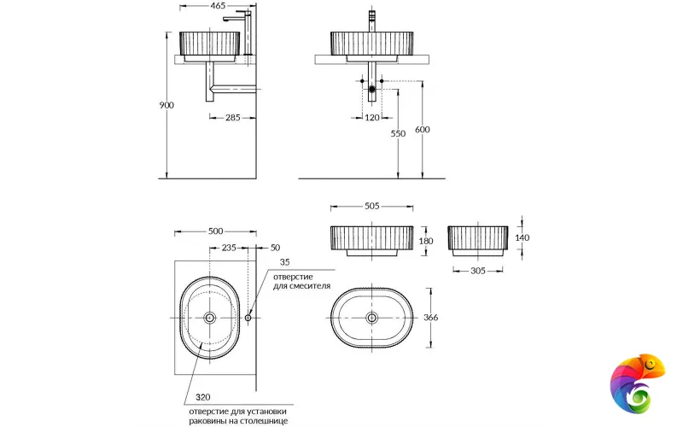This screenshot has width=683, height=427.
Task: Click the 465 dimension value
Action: coord(218,6)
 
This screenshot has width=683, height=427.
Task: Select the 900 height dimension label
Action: coord(166,105)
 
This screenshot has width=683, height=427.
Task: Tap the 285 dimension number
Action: coord(231,118)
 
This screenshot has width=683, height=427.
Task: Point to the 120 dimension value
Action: coord(371,118)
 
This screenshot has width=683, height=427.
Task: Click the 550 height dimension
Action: coord(399,134)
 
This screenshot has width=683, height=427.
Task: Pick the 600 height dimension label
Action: coord(423,130)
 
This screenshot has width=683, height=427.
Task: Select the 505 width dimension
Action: coord(371,206)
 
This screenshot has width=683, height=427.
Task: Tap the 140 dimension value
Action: coord(523,238)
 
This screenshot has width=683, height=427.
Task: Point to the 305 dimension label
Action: coord(476,271)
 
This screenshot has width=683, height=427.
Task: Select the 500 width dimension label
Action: coord(215,231)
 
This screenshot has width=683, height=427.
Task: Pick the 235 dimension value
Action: coord(229,248)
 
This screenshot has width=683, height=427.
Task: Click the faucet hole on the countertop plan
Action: coord(248,318)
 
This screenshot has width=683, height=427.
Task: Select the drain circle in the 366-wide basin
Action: coord(371,318)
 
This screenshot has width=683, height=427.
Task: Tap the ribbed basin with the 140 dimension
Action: coord(477,241)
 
